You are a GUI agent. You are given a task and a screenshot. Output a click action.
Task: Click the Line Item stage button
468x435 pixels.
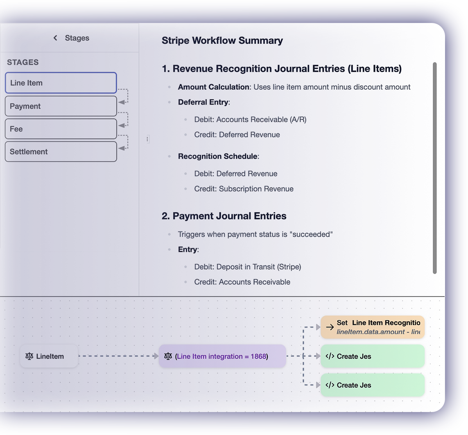[x=61, y=83]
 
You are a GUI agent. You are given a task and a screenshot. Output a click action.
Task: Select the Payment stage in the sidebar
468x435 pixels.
[x=61, y=106]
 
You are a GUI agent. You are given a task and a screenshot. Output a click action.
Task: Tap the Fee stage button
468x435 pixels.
[x=61, y=129]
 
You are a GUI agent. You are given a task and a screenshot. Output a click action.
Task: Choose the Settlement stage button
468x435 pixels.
[x=61, y=152]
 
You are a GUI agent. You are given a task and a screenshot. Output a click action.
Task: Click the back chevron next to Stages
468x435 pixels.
[x=55, y=38]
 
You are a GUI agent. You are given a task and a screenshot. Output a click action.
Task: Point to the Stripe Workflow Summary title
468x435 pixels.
[x=222, y=41]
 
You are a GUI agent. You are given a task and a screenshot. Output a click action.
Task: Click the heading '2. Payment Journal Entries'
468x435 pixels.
[x=224, y=216]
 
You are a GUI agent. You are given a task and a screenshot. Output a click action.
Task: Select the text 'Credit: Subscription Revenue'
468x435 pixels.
[x=244, y=189]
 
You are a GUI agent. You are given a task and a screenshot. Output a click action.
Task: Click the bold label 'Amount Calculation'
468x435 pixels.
[x=213, y=87]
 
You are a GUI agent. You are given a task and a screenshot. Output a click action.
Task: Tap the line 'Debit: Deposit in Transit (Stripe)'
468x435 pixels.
[x=247, y=267]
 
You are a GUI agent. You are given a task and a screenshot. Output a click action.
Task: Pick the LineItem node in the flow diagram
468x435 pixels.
[x=49, y=356]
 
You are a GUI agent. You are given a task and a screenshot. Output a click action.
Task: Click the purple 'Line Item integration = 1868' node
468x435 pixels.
[x=222, y=356]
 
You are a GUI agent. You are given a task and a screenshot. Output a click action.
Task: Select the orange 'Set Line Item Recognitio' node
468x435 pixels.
[x=372, y=327]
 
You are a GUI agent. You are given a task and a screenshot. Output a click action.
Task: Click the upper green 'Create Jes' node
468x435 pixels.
[x=372, y=356]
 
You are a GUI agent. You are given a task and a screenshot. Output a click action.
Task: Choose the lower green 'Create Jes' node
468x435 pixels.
[x=372, y=385]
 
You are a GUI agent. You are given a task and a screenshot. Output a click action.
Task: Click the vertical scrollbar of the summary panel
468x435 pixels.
[x=434, y=168]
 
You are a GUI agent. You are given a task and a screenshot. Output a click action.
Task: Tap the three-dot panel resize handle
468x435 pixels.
[x=147, y=139]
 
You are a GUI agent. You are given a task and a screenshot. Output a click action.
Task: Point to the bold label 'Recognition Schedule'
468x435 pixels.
[x=217, y=156]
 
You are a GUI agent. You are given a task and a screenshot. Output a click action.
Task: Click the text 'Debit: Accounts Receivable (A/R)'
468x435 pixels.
[x=250, y=120]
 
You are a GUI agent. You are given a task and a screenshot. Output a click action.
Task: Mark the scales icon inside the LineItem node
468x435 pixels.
[x=29, y=356]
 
